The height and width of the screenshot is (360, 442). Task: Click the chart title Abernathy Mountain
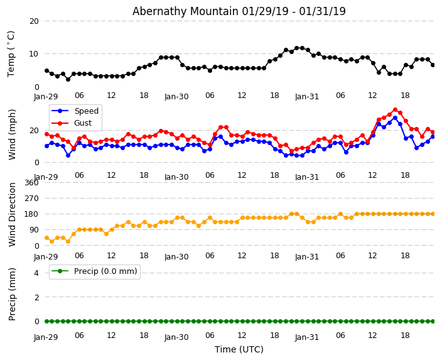click(x=239, y=11)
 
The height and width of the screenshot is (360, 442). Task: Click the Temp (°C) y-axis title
click(x=11, y=53)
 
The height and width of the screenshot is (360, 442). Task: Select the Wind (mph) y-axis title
click(x=13, y=134)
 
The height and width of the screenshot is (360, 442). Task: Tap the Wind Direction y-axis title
click(x=13, y=214)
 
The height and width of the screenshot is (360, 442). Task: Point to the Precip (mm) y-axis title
click(x=13, y=293)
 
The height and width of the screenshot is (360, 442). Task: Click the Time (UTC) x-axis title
click(x=239, y=349)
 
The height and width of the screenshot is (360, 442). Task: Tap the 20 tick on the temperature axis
click(x=33, y=21)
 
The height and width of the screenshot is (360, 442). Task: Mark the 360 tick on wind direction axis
click(x=31, y=182)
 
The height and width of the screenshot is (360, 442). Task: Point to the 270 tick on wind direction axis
click(x=31, y=198)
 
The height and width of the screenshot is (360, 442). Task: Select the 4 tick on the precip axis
click(x=36, y=273)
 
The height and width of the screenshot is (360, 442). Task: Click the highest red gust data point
click(x=395, y=110)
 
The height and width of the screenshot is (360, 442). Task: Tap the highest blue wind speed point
click(x=395, y=117)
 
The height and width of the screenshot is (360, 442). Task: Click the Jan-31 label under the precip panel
click(x=307, y=337)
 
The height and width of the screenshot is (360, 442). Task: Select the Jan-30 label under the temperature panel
click(x=176, y=97)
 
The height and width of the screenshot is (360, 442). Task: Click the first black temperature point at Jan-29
click(x=46, y=71)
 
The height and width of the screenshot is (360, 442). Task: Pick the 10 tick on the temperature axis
click(x=33, y=54)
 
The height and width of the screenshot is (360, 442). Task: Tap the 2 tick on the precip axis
click(x=36, y=297)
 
